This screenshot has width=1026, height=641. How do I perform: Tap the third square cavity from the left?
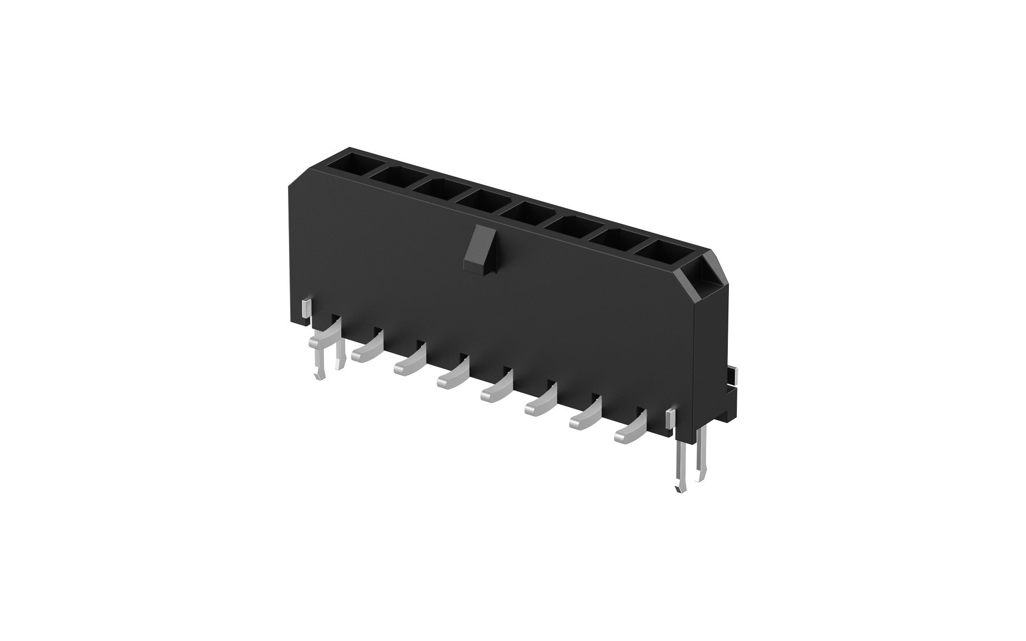pos(436,188)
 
